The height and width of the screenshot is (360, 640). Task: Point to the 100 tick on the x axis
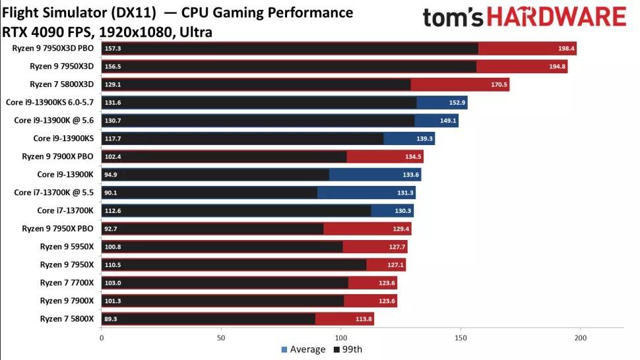tap(340, 338)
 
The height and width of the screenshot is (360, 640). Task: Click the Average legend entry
tap(303, 349)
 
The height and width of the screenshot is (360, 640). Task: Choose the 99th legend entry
tap(348, 349)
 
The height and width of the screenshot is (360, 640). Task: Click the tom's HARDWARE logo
tap(524, 17)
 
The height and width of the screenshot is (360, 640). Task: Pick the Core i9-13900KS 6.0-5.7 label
tap(49, 102)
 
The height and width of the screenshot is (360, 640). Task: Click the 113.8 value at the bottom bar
tap(364, 319)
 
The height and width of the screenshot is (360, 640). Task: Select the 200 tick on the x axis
tap(580, 338)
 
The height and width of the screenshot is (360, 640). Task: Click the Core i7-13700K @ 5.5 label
tap(53, 193)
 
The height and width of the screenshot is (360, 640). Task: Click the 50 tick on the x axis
tap(221, 338)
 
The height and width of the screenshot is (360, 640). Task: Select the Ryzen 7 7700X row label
tap(67, 283)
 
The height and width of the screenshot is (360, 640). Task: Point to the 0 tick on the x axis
tap(102, 338)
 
